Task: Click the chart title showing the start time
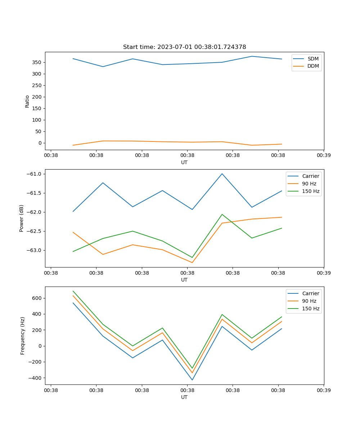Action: click(x=184, y=47)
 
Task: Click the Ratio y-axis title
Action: click(x=27, y=101)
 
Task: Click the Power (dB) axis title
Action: click(x=22, y=218)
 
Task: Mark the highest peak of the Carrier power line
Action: click(x=222, y=174)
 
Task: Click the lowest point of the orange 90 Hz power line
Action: click(x=192, y=262)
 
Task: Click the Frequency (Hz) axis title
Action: click(x=23, y=336)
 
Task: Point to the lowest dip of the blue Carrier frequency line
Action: click(x=192, y=380)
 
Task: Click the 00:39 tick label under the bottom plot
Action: click(x=324, y=390)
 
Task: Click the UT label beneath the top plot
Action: click(x=184, y=162)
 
